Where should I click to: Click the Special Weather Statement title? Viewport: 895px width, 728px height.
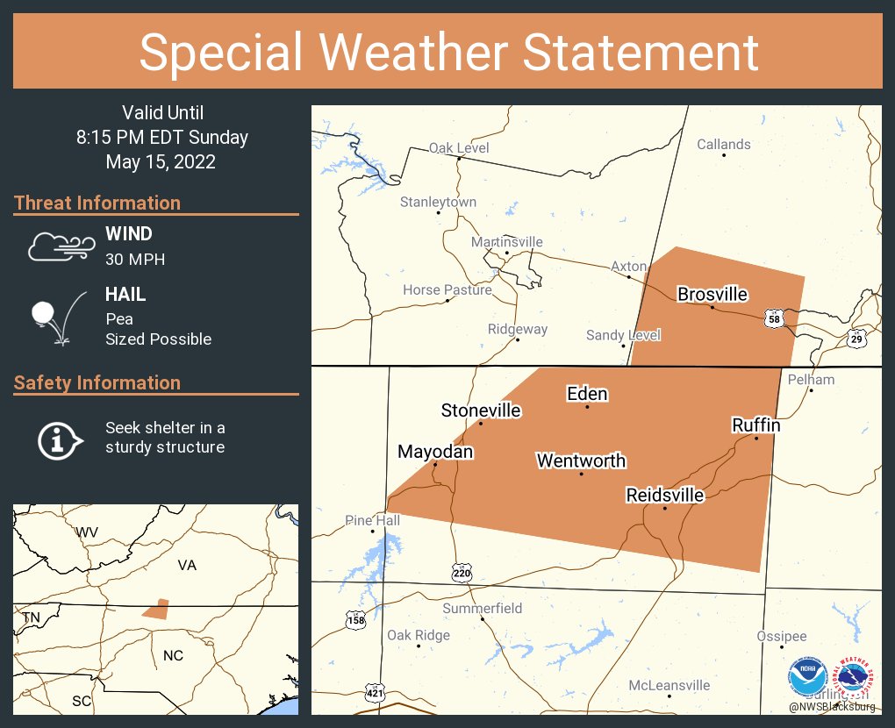[x=448, y=52]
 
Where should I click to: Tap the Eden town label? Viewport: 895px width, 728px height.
[x=587, y=394]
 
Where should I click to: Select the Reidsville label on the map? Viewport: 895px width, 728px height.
[x=664, y=496]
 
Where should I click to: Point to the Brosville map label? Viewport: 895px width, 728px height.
[x=712, y=294]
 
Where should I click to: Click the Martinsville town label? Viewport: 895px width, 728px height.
[x=506, y=242]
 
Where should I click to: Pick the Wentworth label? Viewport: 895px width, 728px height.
[x=581, y=460]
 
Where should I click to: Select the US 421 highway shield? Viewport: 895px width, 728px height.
[x=375, y=693]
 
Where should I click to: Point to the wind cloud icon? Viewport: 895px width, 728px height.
[x=59, y=246]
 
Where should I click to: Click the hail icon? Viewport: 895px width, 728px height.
[x=54, y=318]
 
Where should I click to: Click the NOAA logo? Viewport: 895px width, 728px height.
[x=807, y=677]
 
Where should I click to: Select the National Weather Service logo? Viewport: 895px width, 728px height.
[x=856, y=677]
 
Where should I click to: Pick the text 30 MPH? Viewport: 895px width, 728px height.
[x=135, y=260]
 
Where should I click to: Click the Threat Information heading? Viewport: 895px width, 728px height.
[x=97, y=203]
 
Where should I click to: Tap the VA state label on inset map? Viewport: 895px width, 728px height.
[x=187, y=566]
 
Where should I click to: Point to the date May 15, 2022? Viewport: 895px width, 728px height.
[x=161, y=162]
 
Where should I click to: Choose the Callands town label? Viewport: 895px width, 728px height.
[x=723, y=145]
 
